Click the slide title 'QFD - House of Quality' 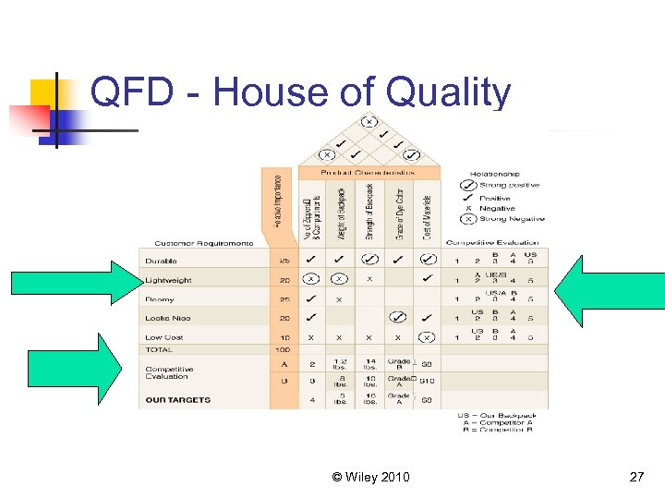coord(300,93)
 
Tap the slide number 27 coord(635,477)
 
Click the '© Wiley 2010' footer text coord(371,477)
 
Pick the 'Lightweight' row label coord(168,280)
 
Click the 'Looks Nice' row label coord(167,318)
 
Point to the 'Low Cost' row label coord(164,337)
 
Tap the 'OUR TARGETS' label coord(177,400)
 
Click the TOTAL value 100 coord(284,350)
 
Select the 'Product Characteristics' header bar coord(368,173)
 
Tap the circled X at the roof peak coord(369,122)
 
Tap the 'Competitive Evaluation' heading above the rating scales coord(492,242)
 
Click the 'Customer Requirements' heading coord(203,242)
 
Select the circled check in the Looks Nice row coord(397,317)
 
